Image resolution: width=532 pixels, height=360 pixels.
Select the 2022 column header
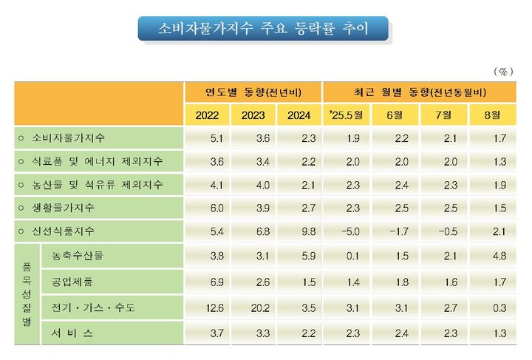pos(207,115)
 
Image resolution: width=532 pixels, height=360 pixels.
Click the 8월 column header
pos(491,115)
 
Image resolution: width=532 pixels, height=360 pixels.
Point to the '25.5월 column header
pos(347,115)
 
